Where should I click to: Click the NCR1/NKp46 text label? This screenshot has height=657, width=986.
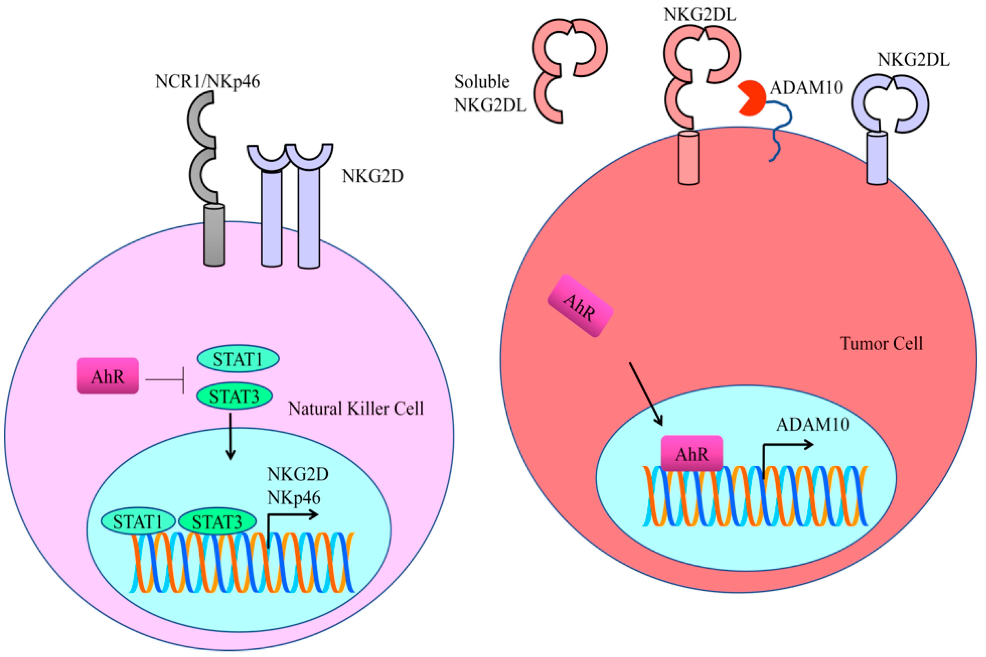(x=207, y=81)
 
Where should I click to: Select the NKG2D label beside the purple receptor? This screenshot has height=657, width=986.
(x=372, y=176)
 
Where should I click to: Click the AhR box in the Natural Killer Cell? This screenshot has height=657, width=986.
(x=108, y=376)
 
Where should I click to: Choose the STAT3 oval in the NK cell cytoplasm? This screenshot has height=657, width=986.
(x=235, y=396)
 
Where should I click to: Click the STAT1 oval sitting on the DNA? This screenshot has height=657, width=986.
(x=138, y=522)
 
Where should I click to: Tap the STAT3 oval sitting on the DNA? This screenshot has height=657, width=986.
(x=217, y=522)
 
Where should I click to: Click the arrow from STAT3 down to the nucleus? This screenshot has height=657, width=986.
(x=230, y=436)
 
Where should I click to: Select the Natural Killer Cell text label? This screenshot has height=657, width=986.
(x=356, y=409)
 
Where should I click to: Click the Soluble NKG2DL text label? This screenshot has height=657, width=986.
(x=489, y=93)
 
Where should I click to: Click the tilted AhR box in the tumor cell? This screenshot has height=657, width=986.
(x=580, y=306)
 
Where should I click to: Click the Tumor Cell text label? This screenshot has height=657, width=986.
(x=881, y=344)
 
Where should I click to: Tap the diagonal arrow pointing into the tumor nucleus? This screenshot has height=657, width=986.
(x=645, y=394)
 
